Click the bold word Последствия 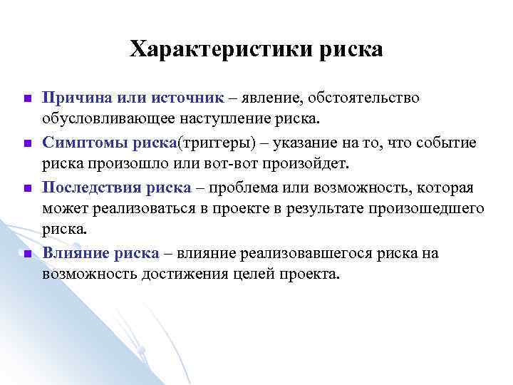tap(91, 188)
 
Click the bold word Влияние tap(75, 252)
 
